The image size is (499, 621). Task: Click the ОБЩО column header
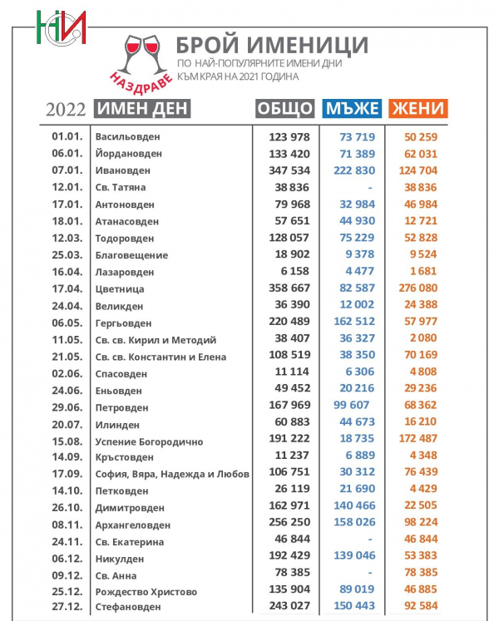[284, 109]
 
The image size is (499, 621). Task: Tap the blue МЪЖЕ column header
[352, 109]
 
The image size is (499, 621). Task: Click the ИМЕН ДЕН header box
[142, 109]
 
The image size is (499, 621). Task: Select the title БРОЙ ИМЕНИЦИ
[272, 45]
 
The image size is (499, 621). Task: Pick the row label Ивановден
[122, 170]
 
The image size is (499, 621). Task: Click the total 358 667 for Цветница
[287, 288]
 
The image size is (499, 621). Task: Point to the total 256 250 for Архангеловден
[287, 525]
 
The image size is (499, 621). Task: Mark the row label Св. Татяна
[121, 187]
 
